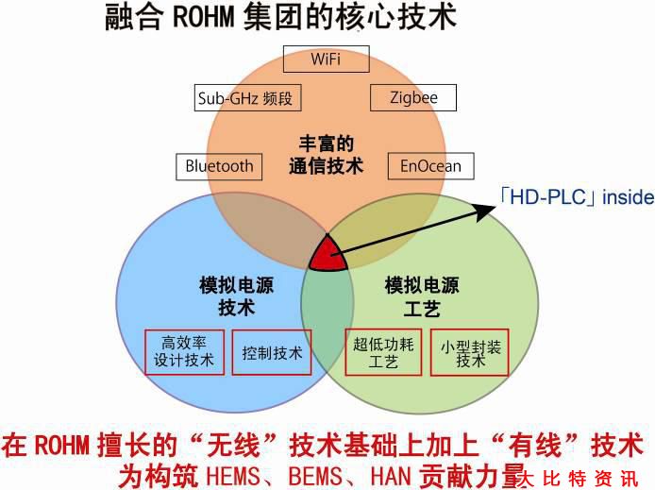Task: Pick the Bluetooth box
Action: coord(219,166)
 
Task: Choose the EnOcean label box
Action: coord(430,166)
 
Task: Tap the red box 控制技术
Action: coord(272,353)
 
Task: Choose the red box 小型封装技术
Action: coord(470,353)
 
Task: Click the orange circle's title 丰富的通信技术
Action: coord(326,155)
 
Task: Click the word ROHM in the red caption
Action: coord(60,444)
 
